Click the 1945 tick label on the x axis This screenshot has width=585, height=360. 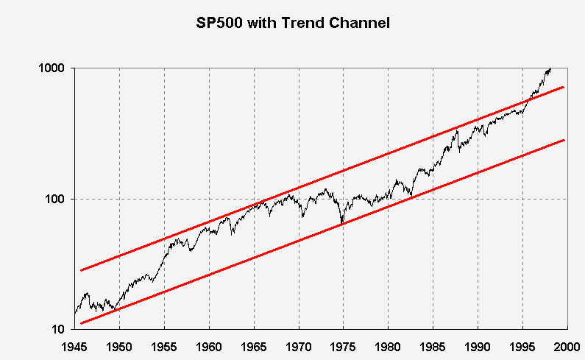point(74,345)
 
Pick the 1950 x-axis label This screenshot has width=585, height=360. point(119,345)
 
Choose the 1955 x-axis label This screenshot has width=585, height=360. point(164,345)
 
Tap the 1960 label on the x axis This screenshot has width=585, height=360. point(209,345)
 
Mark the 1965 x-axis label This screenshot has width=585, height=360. point(254,345)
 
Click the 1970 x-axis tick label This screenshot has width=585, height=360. point(299,345)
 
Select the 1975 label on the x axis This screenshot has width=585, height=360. point(344,345)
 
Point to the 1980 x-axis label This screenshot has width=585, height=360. point(389,345)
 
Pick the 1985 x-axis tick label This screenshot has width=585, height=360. point(433,345)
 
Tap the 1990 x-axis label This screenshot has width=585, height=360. point(478,345)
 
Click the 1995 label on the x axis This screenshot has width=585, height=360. point(523,345)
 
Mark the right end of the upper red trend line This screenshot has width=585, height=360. point(563,87)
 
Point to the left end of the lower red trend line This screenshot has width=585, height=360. point(82,322)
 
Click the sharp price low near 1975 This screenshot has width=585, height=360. point(341,223)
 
